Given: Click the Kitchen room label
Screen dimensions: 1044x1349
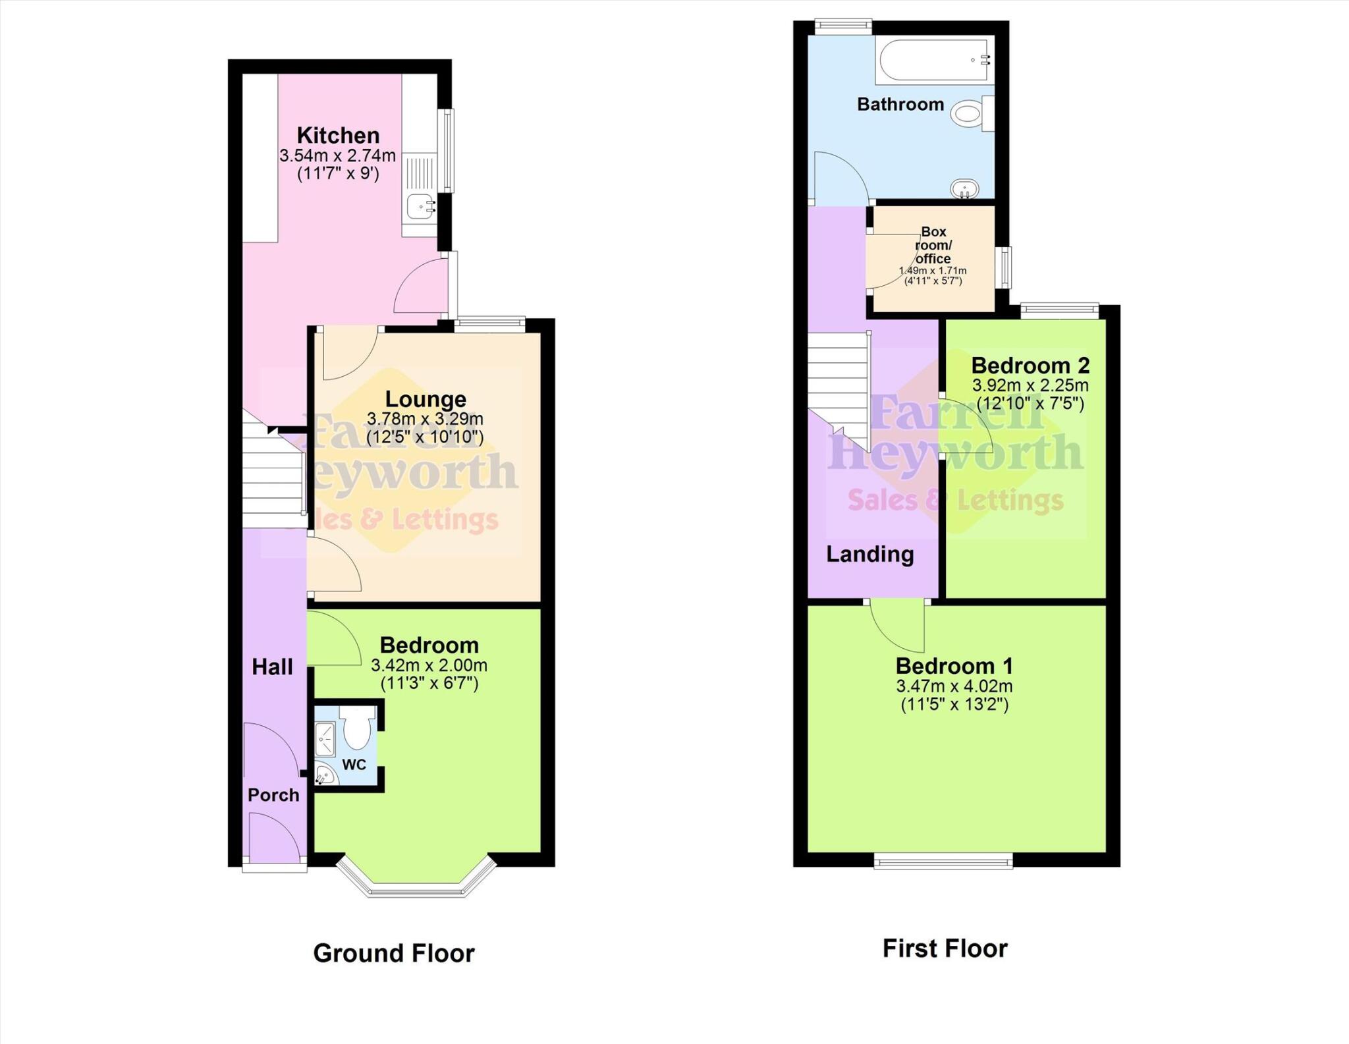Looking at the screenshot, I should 338,136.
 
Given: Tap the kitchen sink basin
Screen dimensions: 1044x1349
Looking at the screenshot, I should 420,206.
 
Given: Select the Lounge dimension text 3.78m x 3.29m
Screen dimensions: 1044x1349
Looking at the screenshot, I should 425,419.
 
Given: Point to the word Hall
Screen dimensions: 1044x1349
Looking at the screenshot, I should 272,667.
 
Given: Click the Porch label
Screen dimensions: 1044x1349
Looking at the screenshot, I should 273,795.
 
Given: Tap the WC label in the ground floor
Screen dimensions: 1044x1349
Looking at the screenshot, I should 354,765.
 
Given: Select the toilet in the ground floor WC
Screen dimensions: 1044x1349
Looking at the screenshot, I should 357,730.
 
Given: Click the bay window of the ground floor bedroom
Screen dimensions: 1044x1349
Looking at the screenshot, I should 416,883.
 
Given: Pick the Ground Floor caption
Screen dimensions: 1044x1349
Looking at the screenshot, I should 394,953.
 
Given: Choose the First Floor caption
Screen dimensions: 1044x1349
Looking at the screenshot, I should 945,948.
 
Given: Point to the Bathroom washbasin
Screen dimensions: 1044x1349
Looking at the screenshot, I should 965,189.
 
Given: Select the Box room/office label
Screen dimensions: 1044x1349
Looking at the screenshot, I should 933,245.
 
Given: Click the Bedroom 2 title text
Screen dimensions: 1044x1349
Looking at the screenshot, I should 1030,365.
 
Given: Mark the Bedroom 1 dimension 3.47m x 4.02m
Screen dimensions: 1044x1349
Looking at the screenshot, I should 954,686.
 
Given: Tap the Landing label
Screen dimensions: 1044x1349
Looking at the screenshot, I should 870,555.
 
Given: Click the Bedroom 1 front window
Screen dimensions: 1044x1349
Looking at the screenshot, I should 943,860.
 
